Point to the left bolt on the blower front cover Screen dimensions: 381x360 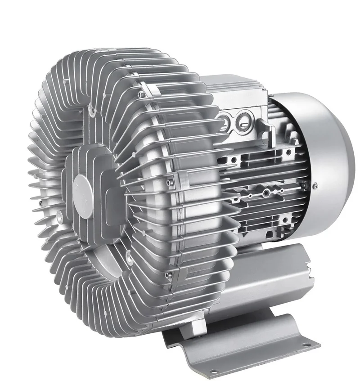60,220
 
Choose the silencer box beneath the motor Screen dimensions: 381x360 265,279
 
